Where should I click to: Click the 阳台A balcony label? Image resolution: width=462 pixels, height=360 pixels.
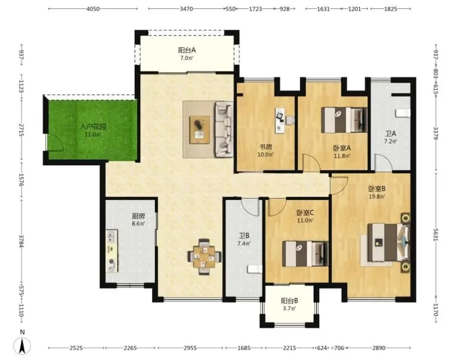point(187,50)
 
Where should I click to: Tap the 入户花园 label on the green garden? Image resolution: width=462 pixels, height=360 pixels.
point(93,127)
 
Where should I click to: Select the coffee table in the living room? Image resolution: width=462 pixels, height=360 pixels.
point(200,130)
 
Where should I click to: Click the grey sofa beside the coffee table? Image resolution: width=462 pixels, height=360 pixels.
point(224,129)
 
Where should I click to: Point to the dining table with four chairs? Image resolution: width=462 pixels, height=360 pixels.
point(204,257)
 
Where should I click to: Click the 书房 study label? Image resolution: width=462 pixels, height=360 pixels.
point(265,146)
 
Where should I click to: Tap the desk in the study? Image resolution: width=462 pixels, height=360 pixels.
point(280,120)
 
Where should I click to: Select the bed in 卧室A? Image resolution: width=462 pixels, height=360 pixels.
point(344,120)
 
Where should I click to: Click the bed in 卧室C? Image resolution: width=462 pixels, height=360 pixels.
point(305,254)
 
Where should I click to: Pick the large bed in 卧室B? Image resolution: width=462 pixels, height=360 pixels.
point(388,243)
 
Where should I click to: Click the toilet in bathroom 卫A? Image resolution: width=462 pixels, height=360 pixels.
point(403,113)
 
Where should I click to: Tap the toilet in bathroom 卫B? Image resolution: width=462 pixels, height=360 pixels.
point(255,269)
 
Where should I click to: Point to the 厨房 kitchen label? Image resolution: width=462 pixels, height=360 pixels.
point(138,216)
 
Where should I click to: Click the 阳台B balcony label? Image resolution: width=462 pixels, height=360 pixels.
point(289,301)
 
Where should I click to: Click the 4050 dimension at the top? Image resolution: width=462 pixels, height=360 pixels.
point(93,9)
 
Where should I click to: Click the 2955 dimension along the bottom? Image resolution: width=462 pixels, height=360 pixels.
point(190,348)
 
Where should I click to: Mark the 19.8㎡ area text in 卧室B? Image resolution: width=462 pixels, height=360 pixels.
point(377,197)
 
